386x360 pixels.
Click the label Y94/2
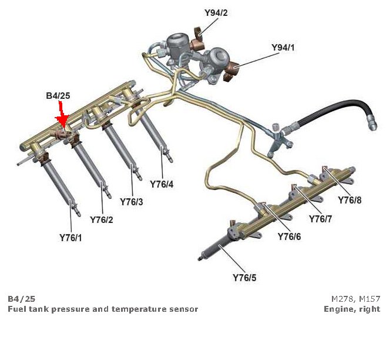click(216, 12)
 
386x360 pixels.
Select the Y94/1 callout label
click(283, 46)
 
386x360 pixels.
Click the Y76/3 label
click(132, 202)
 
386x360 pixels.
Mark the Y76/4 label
click(162, 184)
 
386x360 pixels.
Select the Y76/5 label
click(244, 278)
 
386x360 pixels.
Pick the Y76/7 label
click(321, 219)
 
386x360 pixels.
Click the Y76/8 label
click(350, 199)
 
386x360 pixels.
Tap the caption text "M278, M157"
click(355, 298)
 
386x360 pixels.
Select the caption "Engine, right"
click(351, 309)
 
